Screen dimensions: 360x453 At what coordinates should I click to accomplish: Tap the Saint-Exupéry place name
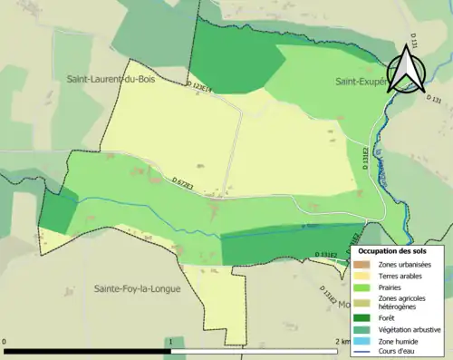coord(361,81)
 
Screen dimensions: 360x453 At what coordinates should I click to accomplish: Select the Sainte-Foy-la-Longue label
coord(137,289)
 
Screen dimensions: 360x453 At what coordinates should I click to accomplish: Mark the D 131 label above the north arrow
coord(414,43)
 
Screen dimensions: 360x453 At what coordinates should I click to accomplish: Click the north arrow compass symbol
coord(406,71)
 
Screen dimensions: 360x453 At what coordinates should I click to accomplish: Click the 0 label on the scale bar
coord(5,342)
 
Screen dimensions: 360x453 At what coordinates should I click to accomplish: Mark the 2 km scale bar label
coord(337,342)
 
